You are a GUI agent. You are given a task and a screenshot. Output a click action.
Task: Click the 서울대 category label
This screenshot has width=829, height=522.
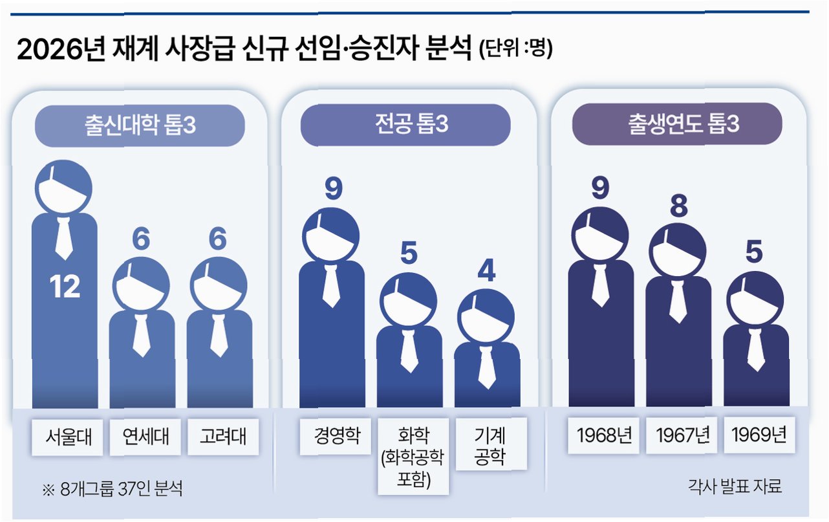[x=64, y=437]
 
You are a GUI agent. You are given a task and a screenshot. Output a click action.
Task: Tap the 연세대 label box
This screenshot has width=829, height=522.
[x=141, y=437]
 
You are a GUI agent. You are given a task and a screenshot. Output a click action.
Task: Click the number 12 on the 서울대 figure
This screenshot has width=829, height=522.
[x=65, y=287]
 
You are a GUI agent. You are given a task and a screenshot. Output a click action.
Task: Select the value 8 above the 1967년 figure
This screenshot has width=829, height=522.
[x=679, y=206]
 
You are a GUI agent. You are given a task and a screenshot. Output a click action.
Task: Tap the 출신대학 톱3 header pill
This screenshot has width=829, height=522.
[x=140, y=125]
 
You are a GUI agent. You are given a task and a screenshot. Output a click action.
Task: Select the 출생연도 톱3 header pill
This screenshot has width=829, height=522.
[x=676, y=124]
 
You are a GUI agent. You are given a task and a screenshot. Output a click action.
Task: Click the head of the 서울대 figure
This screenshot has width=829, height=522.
[x=63, y=188]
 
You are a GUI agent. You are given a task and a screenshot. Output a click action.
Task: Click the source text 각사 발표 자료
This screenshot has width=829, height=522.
[x=735, y=486]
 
